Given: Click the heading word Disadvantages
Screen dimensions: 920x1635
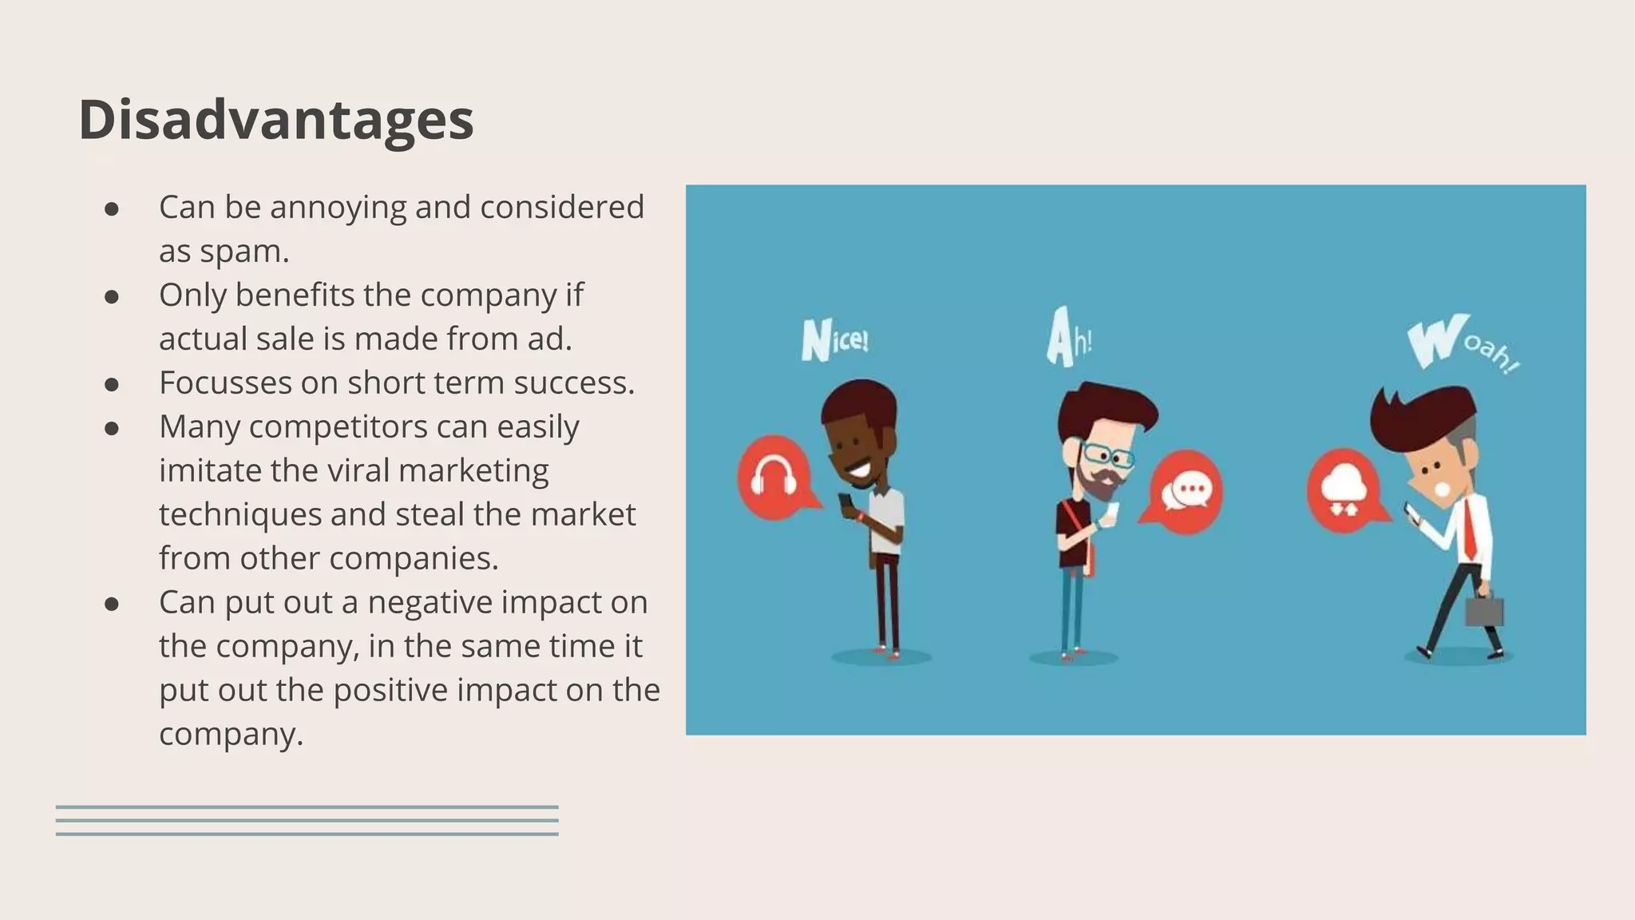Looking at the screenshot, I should click(x=276, y=120).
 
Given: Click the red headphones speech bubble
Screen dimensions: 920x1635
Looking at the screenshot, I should click(x=774, y=478).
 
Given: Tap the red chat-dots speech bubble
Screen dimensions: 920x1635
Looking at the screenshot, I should click(x=1186, y=492).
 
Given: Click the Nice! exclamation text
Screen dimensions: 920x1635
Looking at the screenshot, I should click(x=834, y=341).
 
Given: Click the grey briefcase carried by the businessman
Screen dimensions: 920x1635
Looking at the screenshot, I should click(x=1483, y=611).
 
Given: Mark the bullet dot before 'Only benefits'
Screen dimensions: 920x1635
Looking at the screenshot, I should click(x=112, y=296).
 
